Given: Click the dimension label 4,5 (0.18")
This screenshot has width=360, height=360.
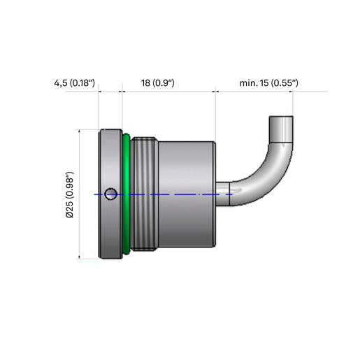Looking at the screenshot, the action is (75, 83).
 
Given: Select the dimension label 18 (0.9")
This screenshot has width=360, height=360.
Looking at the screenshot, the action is (158, 83).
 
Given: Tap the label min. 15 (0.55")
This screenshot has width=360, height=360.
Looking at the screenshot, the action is (269, 83).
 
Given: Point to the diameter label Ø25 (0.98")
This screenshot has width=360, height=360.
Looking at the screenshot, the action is (70, 195).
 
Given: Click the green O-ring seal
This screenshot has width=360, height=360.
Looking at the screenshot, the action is (126, 194).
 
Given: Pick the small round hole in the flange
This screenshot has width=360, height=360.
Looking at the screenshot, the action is (110, 194).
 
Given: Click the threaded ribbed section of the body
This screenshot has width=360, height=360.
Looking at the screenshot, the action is (144, 194).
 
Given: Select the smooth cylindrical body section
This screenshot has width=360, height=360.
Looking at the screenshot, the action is (187, 194).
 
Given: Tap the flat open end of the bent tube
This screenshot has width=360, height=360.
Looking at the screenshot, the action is (281, 117).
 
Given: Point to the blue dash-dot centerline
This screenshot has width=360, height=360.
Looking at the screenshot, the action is (163, 194).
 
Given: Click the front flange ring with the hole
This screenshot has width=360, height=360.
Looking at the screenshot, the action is (110, 194).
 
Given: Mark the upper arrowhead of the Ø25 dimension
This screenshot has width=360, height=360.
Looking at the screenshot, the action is (80, 131).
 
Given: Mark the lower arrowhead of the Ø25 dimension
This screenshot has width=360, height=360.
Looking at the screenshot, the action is (80, 257).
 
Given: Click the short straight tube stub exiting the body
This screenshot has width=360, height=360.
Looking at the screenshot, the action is (223, 194).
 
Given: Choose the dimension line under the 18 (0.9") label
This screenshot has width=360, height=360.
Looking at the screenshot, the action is (169, 92).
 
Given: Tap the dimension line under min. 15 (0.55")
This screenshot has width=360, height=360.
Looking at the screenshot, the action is (254, 92).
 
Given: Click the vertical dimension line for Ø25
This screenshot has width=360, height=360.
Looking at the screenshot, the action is (80, 194).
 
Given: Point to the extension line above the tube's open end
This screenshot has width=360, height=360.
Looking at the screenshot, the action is (293, 103).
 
